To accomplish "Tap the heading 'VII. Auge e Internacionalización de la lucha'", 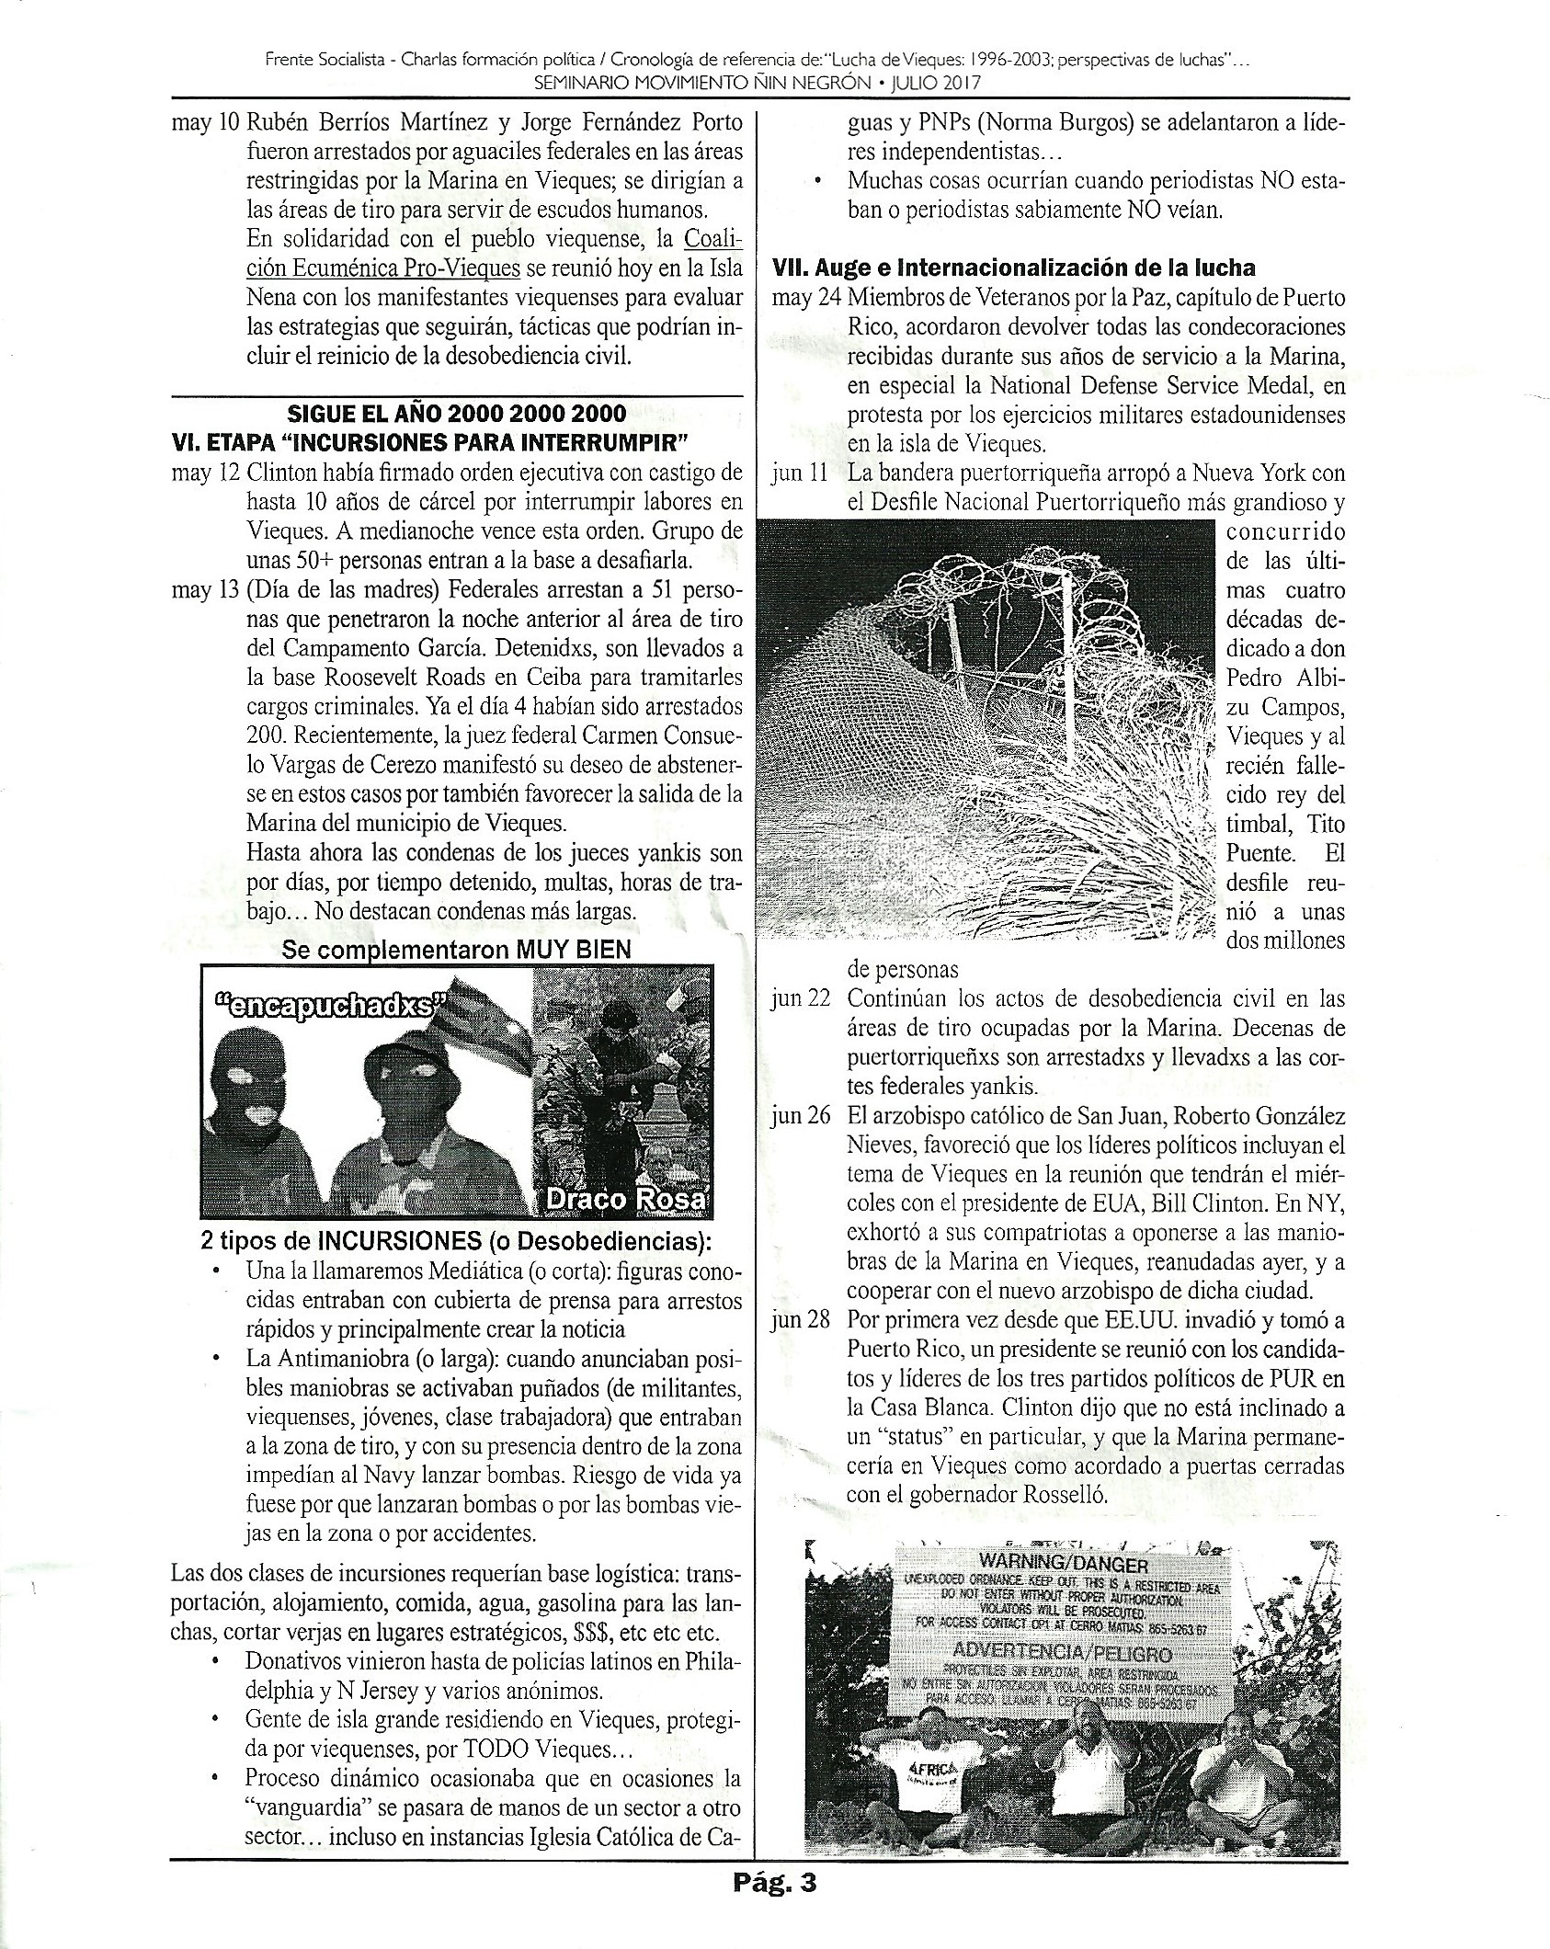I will point(1015,268).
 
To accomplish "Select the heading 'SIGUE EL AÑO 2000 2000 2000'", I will point(457,413).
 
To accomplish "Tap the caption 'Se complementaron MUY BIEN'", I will point(457,950).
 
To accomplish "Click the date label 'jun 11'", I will point(800,474).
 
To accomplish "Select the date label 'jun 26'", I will point(800,1116).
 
